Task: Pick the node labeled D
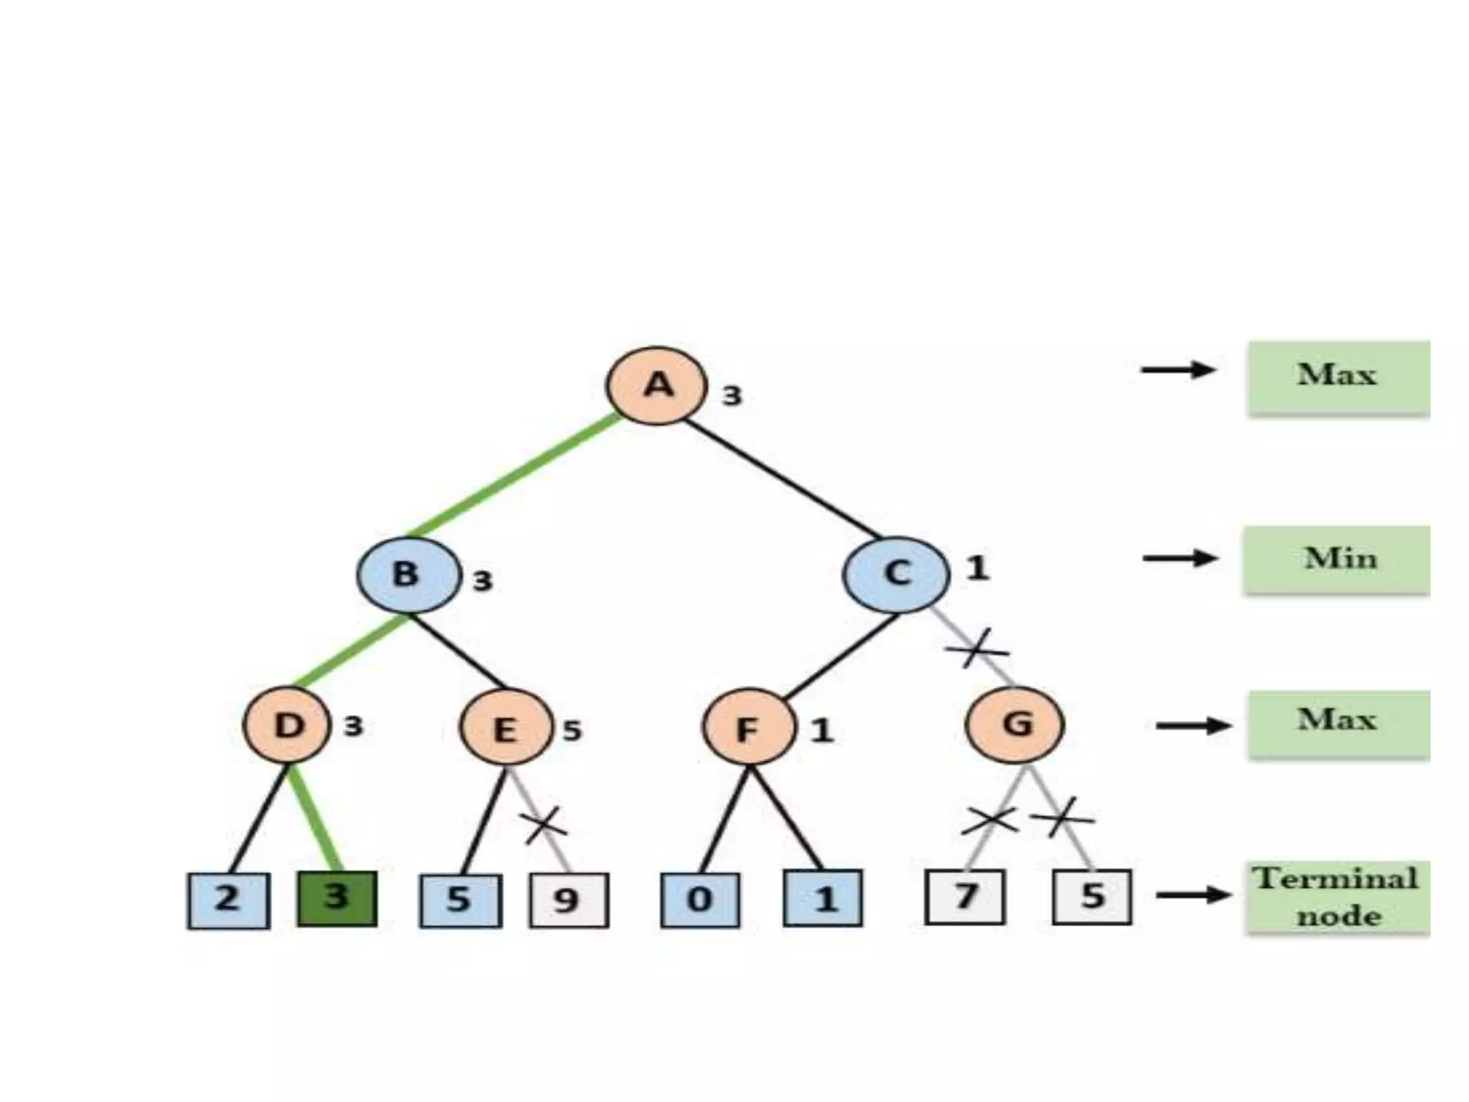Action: (288, 726)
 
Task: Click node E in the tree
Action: (506, 728)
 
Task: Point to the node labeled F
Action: (748, 728)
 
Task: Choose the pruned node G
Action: (1015, 725)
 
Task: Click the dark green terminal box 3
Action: (337, 898)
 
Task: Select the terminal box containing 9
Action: (569, 900)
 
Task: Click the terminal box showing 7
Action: (965, 897)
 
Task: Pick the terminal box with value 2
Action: (229, 900)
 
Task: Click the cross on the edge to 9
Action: (544, 825)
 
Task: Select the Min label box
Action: (1337, 560)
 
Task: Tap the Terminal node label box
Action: (1337, 898)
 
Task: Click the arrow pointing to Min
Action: (1180, 558)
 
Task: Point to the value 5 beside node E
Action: (572, 730)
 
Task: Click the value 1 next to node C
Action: (977, 568)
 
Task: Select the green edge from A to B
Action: (513, 476)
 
